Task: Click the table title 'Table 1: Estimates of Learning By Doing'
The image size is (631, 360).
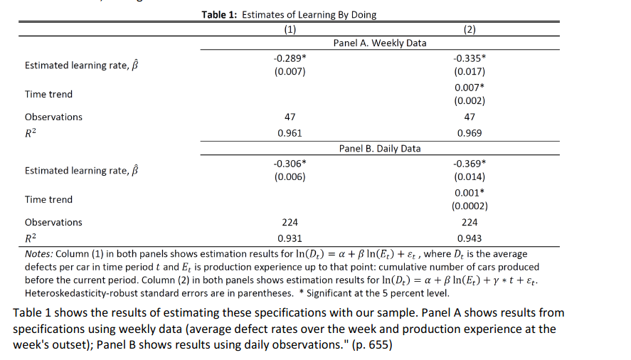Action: pyautogui.click(x=288, y=15)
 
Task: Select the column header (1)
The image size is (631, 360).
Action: pyautogui.click(x=290, y=29)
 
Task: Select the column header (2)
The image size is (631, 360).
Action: pyautogui.click(x=469, y=29)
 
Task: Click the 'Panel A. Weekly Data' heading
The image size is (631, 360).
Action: pyautogui.click(x=380, y=43)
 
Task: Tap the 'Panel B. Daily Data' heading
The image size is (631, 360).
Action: pyautogui.click(x=380, y=149)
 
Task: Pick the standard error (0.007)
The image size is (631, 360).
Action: pyautogui.click(x=290, y=72)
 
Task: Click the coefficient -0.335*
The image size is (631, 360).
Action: pyautogui.click(x=470, y=58)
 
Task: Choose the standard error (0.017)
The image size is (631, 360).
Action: pyautogui.click(x=469, y=72)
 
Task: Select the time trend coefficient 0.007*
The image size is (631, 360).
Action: pyautogui.click(x=470, y=88)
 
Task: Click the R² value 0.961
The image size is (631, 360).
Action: pyautogui.click(x=290, y=133)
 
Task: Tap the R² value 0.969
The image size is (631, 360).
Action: pyautogui.click(x=469, y=133)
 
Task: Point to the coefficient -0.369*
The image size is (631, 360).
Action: pyautogui.click(x=470, y=163)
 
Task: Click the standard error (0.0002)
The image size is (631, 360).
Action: pyautogui.click(x=469, y=206)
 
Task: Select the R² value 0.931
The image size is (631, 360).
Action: pyautogui.click(x=290, y=239)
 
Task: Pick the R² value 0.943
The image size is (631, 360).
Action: pyautogui.click(x=469, y=239)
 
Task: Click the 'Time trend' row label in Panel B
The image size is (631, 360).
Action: pyautogui.click(x=48, y=200)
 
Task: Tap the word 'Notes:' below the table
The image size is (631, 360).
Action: pyautogui.click(x=38, y=254)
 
